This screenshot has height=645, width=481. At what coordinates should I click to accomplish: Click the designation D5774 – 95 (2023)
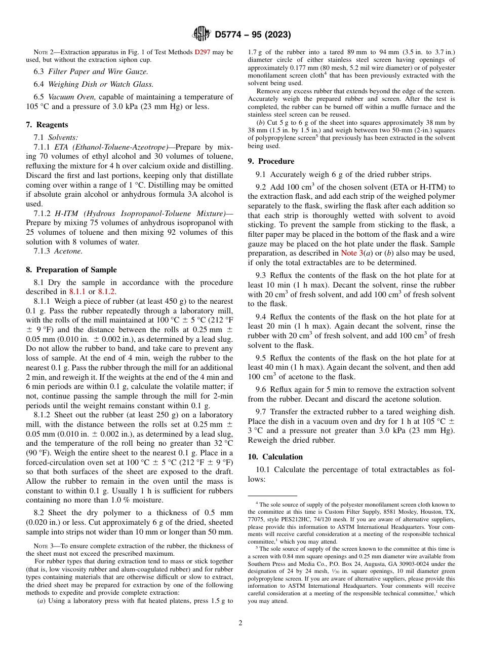(253, 35)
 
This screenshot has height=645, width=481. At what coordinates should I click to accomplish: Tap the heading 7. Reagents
(47, 125)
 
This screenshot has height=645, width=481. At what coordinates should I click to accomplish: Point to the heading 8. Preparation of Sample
(71, 270)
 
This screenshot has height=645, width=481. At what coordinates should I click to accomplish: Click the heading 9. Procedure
(271, 161)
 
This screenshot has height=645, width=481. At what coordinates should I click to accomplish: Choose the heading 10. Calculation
(275, 457)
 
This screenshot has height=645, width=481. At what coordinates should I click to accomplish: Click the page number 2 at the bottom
(240, 623)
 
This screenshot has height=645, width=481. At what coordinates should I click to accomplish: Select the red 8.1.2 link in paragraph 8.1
(107, 292)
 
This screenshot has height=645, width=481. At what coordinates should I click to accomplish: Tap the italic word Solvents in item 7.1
(63, 137)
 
